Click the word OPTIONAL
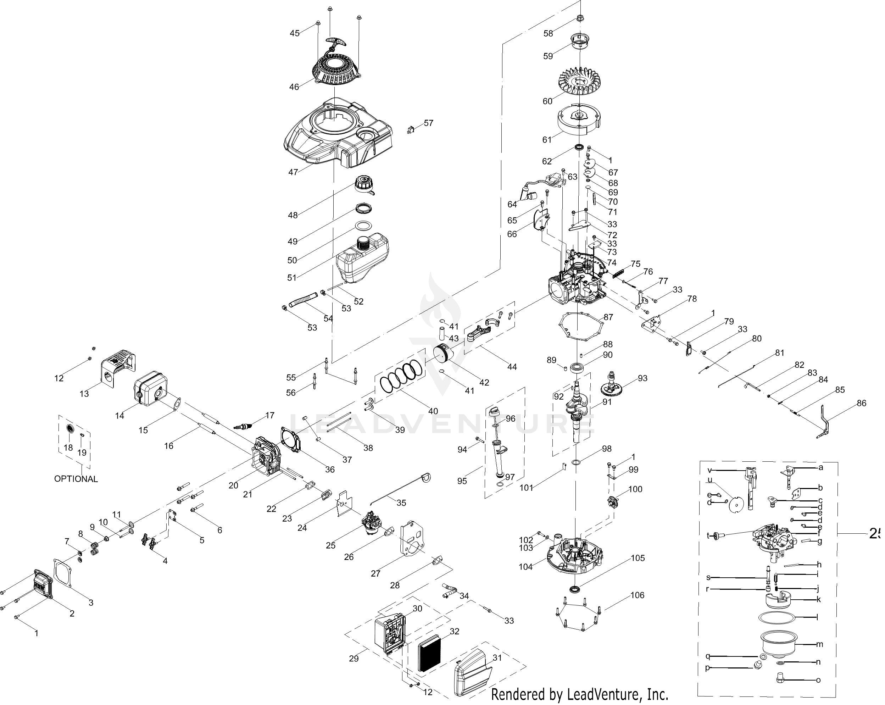(76, 479)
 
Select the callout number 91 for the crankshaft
(607, 402)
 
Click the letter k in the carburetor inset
(818, 599)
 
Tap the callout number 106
(638, 595)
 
